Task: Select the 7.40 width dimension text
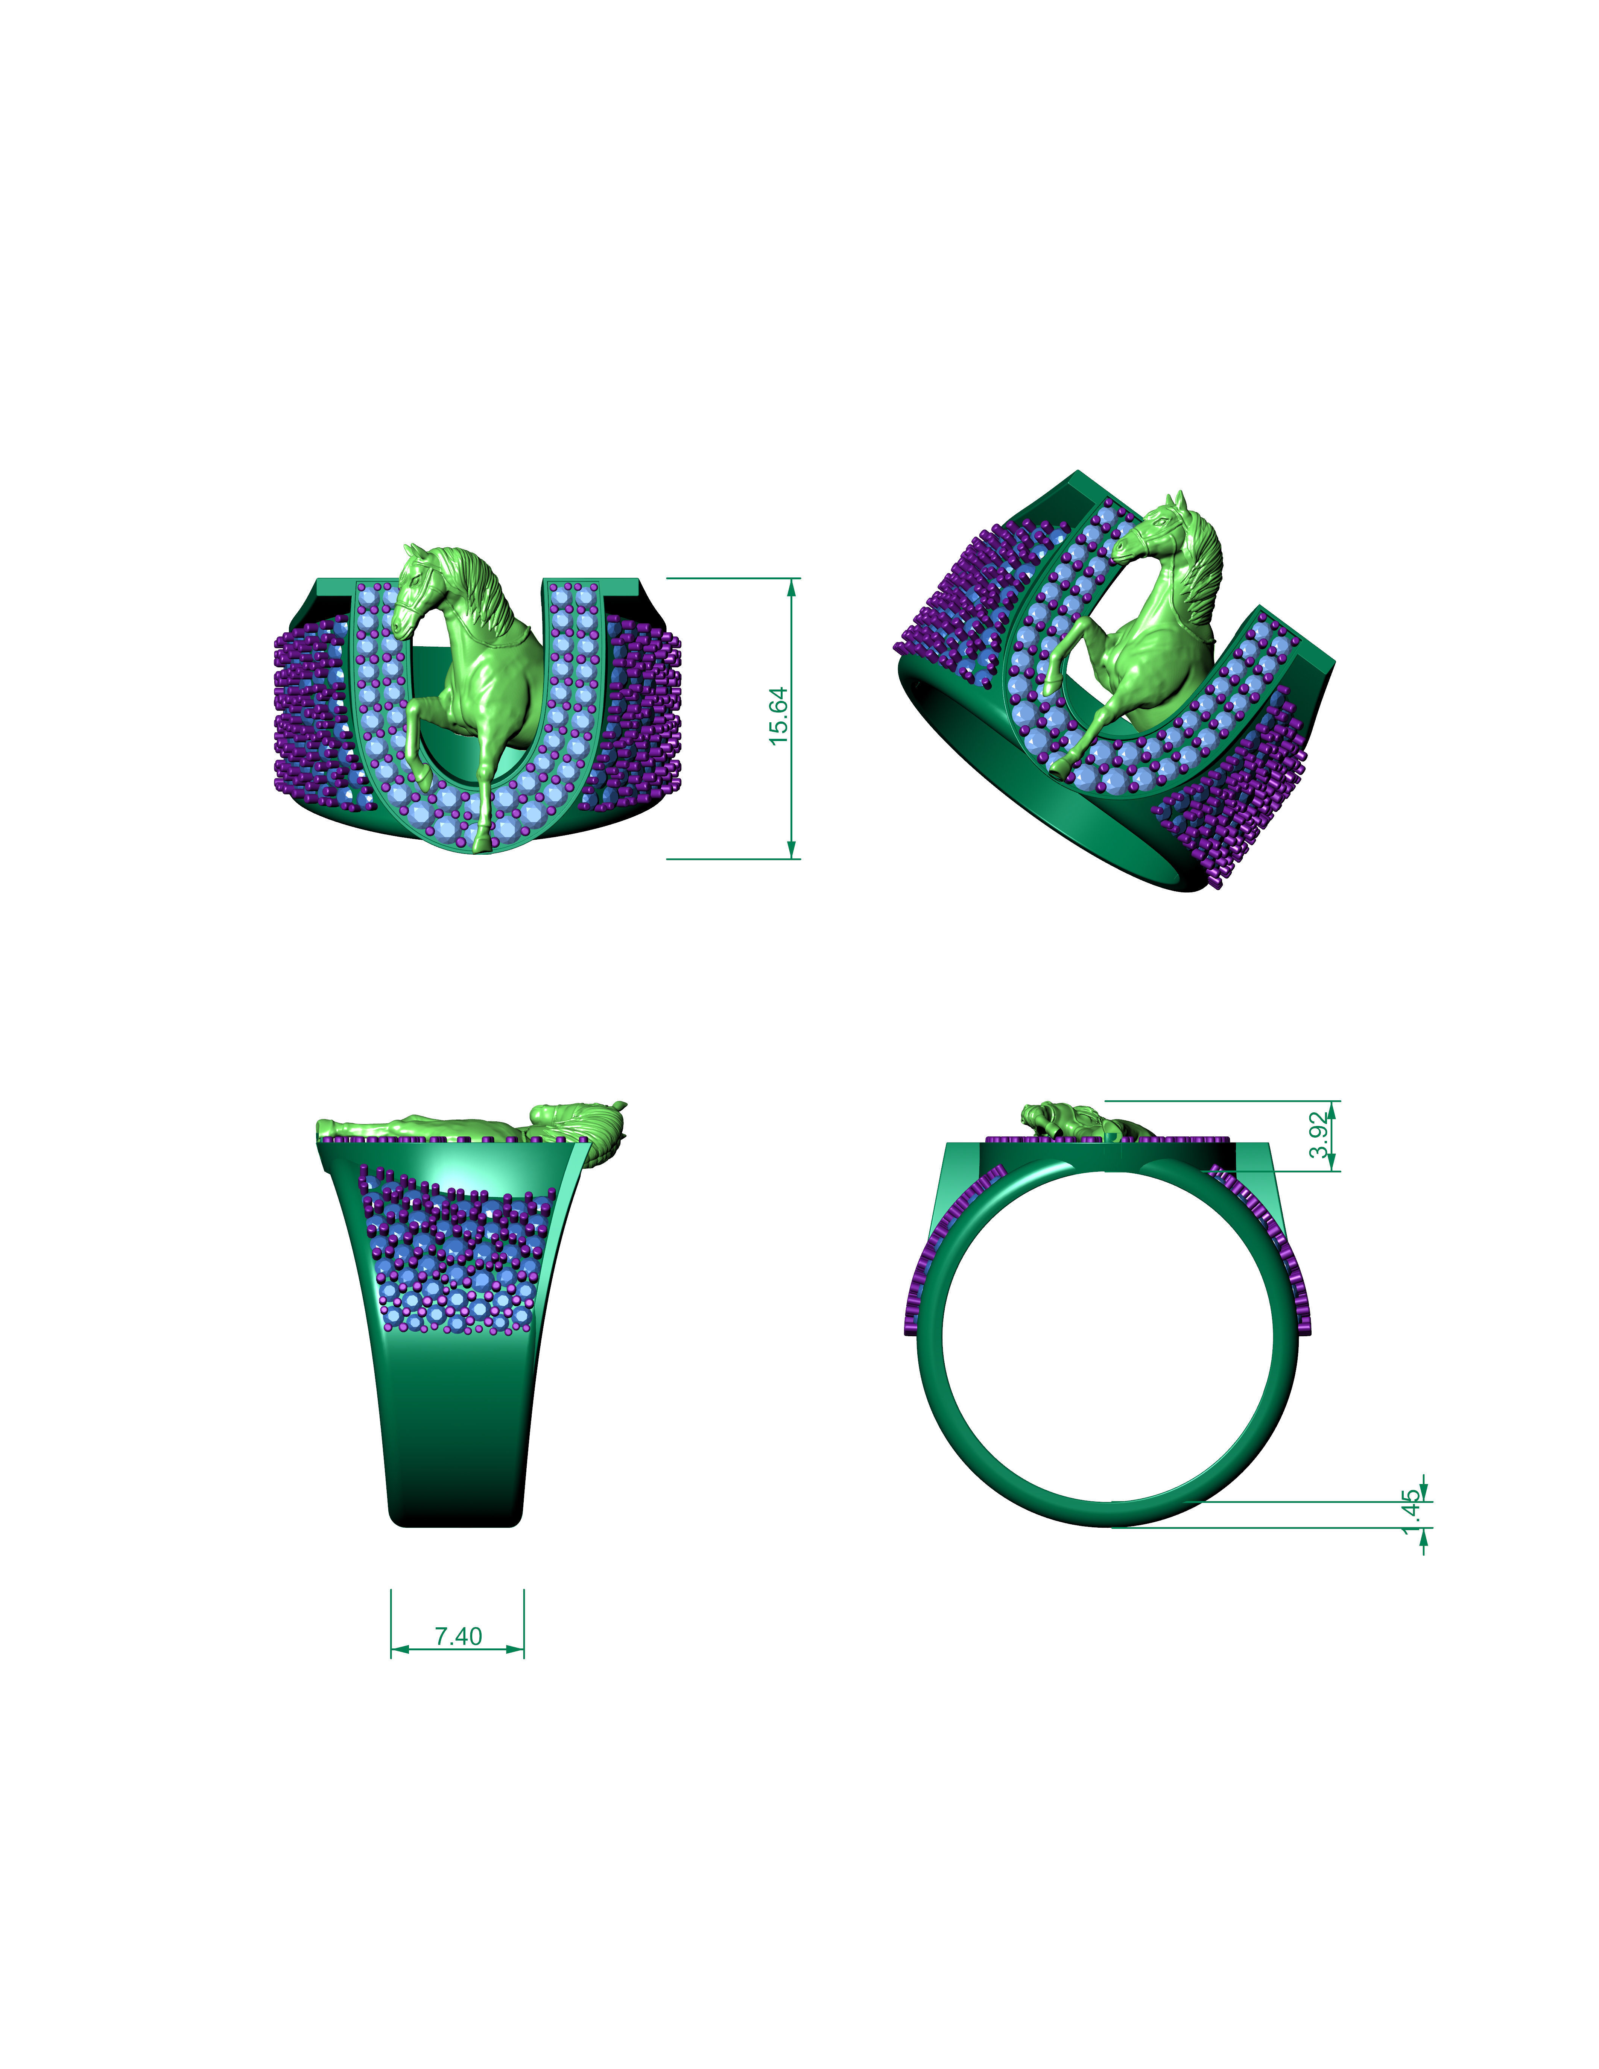click(459, 1636)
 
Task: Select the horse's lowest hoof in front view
click(484, 843)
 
